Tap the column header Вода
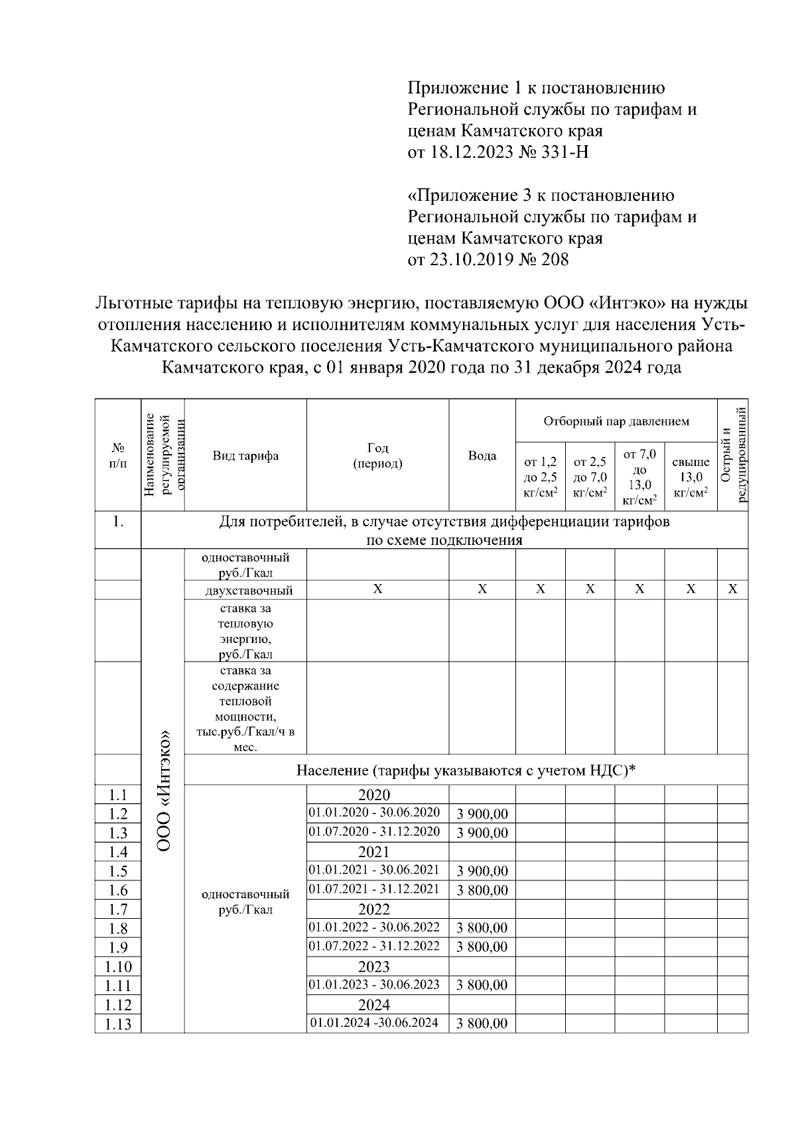[482, 455]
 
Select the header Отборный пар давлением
[616, 421]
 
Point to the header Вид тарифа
[245, 455]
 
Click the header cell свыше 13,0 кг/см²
[691, 477]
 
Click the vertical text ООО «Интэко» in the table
[163, 790]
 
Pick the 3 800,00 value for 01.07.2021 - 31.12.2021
[482, 890]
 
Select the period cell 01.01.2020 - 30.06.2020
[374, 813]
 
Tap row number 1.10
[118, 967]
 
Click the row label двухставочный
[245, 590]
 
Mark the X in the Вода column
[482, 589]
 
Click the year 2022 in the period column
[374, 909]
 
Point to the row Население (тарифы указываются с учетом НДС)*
[466, 770]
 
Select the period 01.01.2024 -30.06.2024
[374, 1023]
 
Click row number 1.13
[118, 1024]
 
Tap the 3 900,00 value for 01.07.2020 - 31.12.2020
[482, 833]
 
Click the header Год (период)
[377, 455]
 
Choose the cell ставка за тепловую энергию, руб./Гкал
[245, 630]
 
